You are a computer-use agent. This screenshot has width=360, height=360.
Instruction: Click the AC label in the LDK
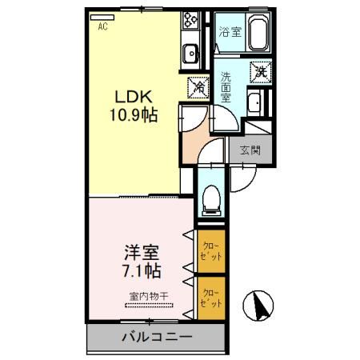click(x=103, y=26)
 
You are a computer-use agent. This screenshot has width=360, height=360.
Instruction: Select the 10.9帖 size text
click(x=132, y=117)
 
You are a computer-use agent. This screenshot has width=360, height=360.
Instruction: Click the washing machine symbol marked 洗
click(x=261, y=71)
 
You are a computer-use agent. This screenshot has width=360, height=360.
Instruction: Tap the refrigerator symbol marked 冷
click(x=197, y=87)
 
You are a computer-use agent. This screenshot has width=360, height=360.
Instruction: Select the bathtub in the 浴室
click(x=258, y=35)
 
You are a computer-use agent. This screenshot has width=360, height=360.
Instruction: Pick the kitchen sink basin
click(x=192, y=54)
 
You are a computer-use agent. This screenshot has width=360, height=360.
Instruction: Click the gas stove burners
click(x=191, y=21)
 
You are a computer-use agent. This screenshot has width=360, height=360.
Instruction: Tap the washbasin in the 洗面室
click(x=254, y=103)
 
